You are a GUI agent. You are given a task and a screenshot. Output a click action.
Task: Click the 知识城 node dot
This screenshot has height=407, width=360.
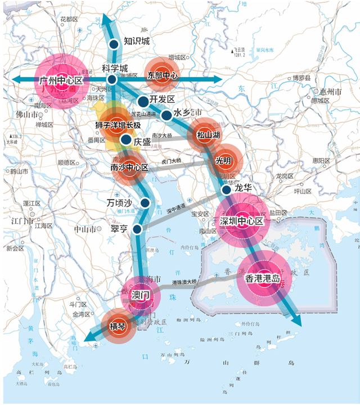[x=114, y=43]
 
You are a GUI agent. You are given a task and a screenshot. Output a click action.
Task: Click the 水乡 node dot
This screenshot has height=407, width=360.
[x=166, y=115]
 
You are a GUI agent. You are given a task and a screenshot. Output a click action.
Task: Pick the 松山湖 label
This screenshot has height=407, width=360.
[x=208, y=135]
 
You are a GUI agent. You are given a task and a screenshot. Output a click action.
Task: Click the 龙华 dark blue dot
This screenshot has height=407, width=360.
[x=226, y=190]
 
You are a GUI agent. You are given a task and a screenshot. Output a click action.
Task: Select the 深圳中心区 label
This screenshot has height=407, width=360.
[x=242, y=220]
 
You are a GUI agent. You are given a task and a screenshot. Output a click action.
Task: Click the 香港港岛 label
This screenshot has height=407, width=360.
[x=262, y=278]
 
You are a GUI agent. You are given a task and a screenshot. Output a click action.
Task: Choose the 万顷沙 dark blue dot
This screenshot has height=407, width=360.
[x=145, y=203]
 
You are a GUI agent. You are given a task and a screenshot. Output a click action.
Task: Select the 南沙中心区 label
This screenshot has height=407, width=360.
[x=129, y=168]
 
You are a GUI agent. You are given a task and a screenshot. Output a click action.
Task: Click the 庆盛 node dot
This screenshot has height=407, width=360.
[x=126, y=140]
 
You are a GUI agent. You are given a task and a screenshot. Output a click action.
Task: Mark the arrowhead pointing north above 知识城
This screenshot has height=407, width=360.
[x=110, y=20]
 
